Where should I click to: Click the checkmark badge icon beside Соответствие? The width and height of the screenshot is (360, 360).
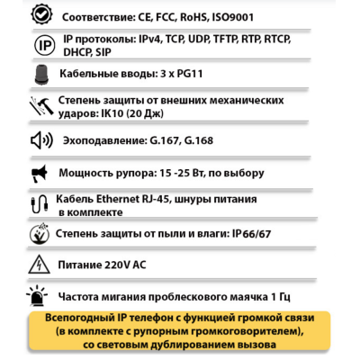pyautogui.click(x=41, y=15)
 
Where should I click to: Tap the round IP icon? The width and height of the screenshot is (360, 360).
pyautogui.click(x=41, y=46)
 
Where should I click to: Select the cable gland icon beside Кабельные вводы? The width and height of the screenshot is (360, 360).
pyautogui.click(x=41, y=76)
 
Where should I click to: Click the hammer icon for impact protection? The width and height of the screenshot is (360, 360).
pyautogui.click(x=41, y=106)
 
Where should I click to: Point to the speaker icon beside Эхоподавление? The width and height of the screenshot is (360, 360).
pyautogui.click(x=41, y=141)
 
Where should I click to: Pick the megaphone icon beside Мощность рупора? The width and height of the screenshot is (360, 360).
pyautogui.click(x=41, y=172)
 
